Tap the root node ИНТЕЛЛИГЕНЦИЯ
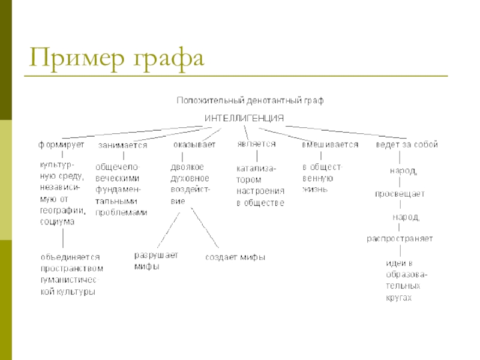[244, 118]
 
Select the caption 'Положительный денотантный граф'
[250, 101]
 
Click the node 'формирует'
[62, 145]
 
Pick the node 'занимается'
[123, 145]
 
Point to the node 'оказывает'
[194, 145]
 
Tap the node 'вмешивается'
[330, 145]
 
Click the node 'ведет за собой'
[407, 145]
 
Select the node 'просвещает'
[400, 194]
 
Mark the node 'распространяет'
[400, 239]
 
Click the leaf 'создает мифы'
[235, 257]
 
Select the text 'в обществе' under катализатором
[260, 203]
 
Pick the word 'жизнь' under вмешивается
[315, 189]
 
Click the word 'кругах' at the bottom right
[399, 298]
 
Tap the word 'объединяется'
[66, 257]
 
